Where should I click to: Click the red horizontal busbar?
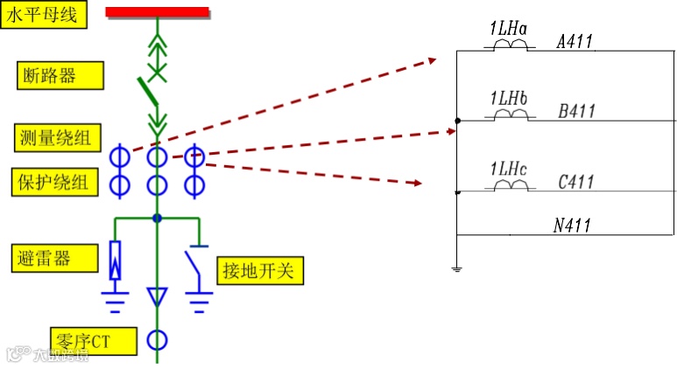click(x=158, y=12)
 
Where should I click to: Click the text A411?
click(x=575, y=41)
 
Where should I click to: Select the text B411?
click(x=576, y=111)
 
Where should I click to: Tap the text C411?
click(x=575, y=182)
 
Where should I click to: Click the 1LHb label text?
click(x=509, y=95)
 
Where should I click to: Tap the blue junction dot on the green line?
click(x=157, y=218)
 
